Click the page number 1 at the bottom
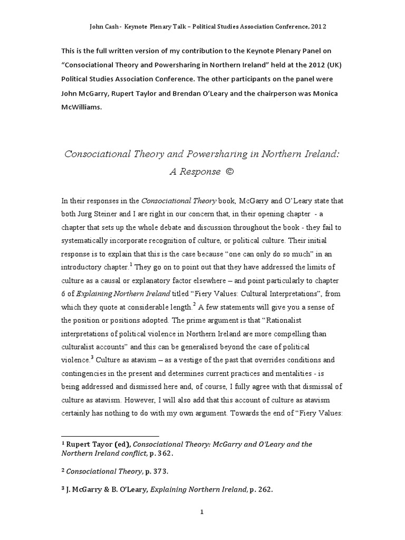click(202, 511)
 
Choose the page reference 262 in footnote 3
click(265, 489)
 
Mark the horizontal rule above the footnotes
click(110, 436)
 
